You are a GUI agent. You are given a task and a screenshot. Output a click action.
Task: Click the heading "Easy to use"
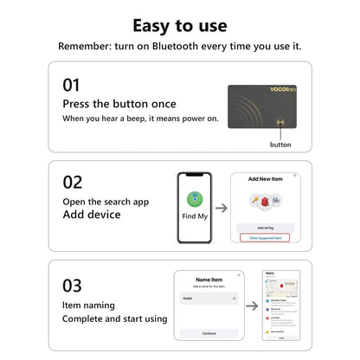(179, 24)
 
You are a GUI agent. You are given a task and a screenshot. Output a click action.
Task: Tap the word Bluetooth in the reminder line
(175, 46)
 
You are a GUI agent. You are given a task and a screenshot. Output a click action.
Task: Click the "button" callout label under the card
(280, 145)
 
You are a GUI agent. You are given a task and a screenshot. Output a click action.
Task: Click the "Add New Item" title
(265, 178)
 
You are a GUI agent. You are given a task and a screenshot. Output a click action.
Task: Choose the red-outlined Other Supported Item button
(265, 237)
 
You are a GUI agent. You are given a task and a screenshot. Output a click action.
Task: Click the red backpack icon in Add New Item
(255, 200)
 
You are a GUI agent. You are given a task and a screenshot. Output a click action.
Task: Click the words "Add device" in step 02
(91, 214)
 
